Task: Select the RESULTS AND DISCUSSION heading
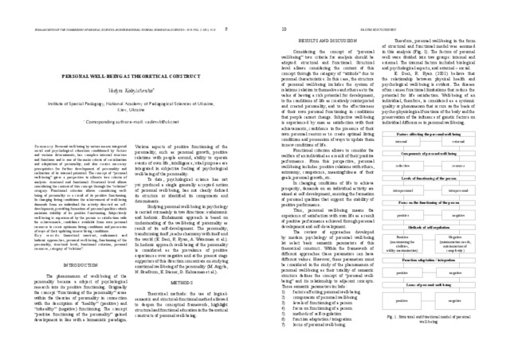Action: pos(319,37)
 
